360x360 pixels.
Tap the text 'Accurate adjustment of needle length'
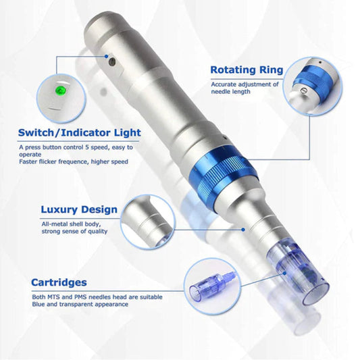click(245, 88)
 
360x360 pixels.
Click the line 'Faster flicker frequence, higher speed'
click(74, 161)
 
